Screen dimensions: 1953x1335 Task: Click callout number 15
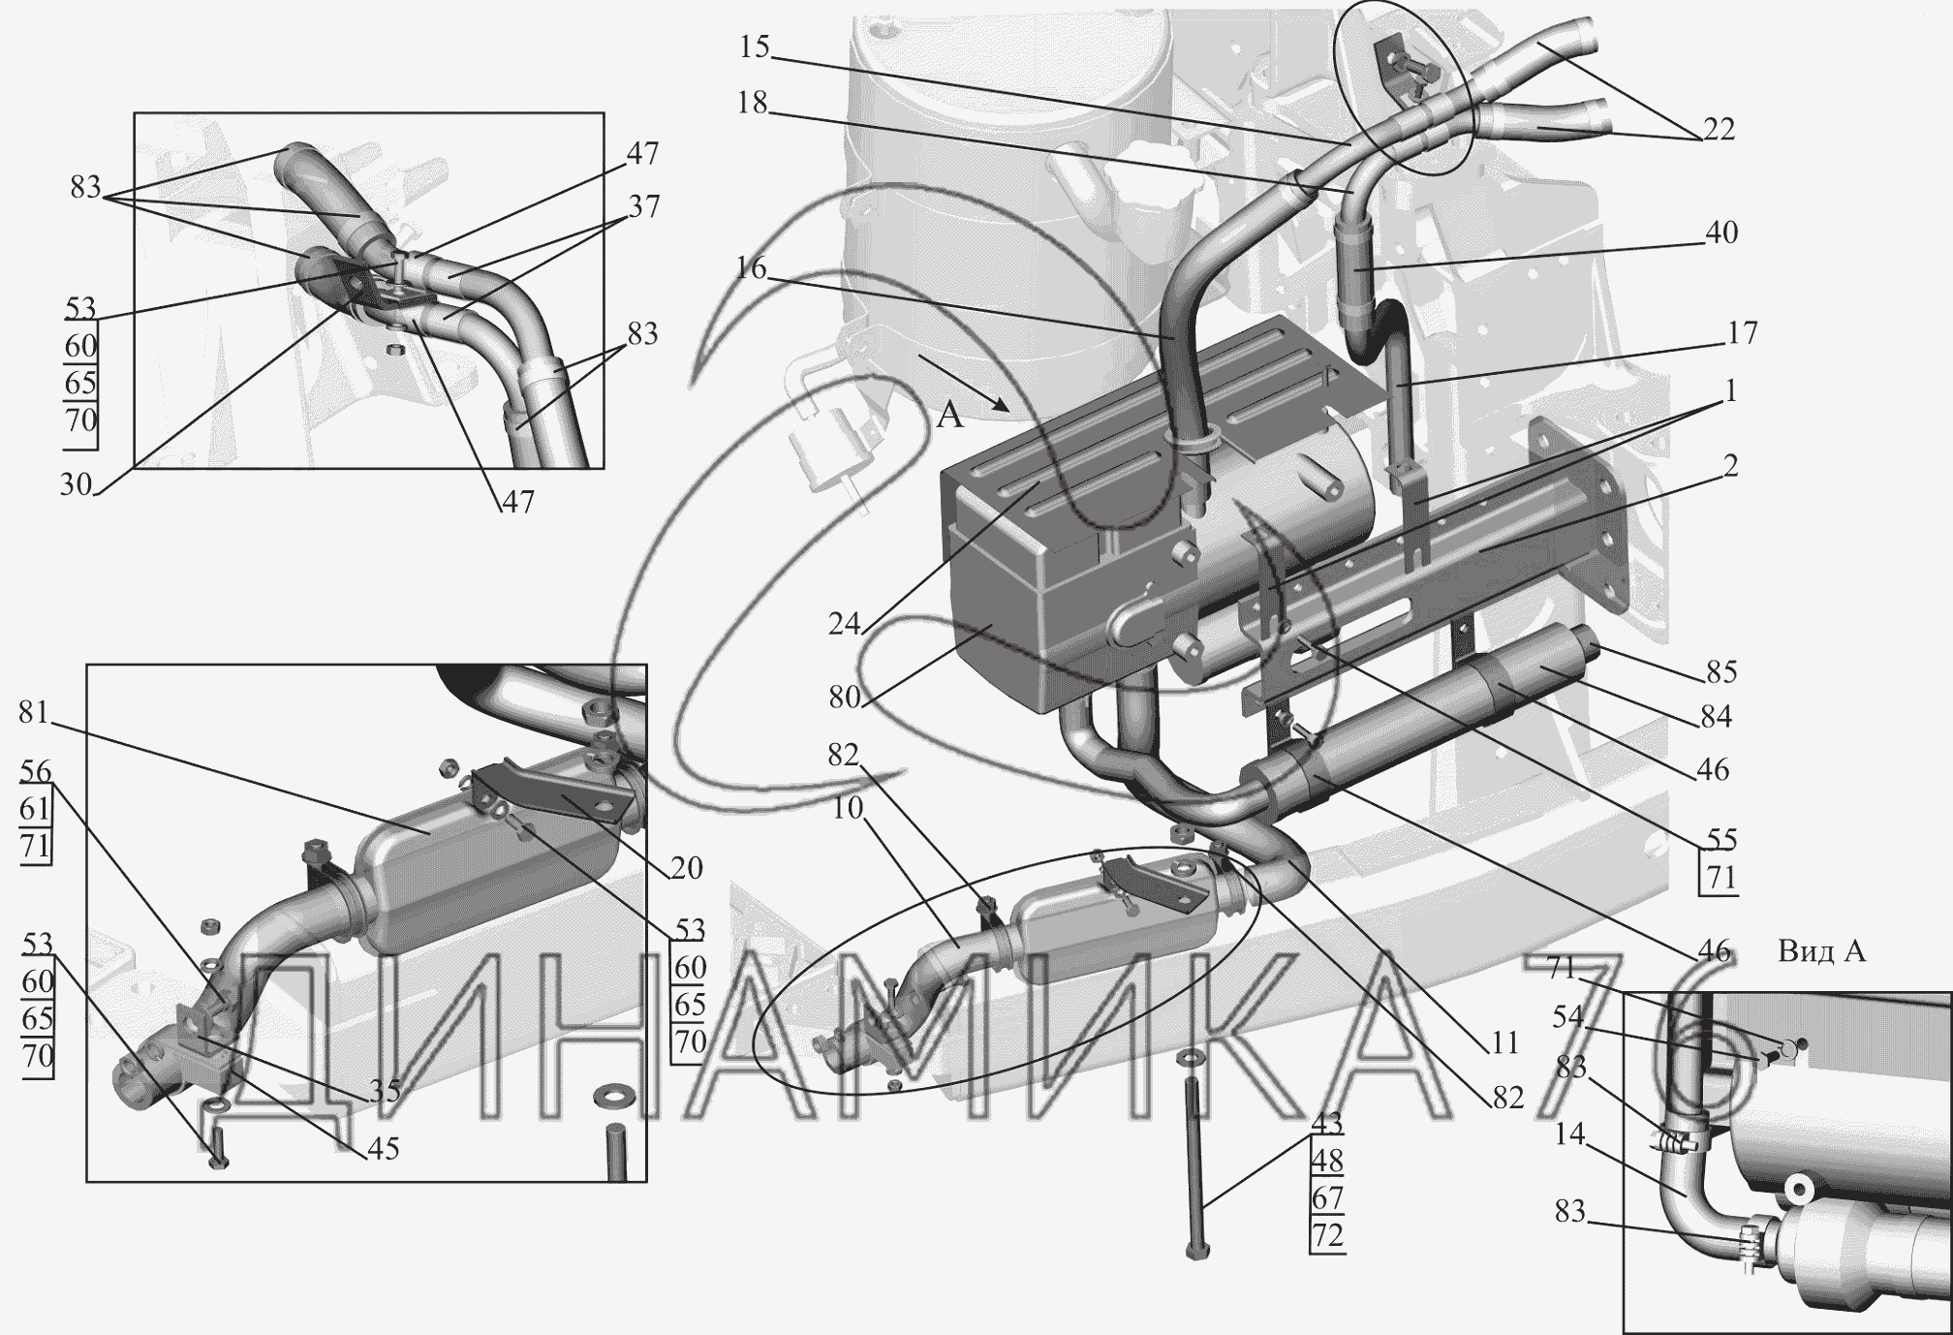tap(754, 47)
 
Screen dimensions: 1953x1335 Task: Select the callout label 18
tap(752, 103)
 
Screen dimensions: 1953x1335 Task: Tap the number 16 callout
tap(751, 268)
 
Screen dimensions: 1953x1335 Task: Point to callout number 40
tap(1720, 233)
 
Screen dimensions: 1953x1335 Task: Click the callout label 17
tap(1742, 333)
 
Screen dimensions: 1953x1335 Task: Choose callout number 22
tap(1719, 129)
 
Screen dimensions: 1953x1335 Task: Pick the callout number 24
tap(845, 623)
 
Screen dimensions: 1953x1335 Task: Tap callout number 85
tap(1721, 671)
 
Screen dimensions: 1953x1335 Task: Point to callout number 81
tap(34, 713)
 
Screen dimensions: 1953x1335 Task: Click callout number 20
tap(686, 867)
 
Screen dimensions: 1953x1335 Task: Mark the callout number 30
tap(76, 483)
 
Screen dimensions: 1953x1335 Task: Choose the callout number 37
tap(643, 206)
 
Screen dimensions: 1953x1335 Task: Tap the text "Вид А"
tap(1821, 952)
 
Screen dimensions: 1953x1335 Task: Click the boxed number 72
tap(1327, 1236)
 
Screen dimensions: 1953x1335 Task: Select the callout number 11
tap(1504, 1043)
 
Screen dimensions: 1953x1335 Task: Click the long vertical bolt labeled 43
tap(1194, 1163)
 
